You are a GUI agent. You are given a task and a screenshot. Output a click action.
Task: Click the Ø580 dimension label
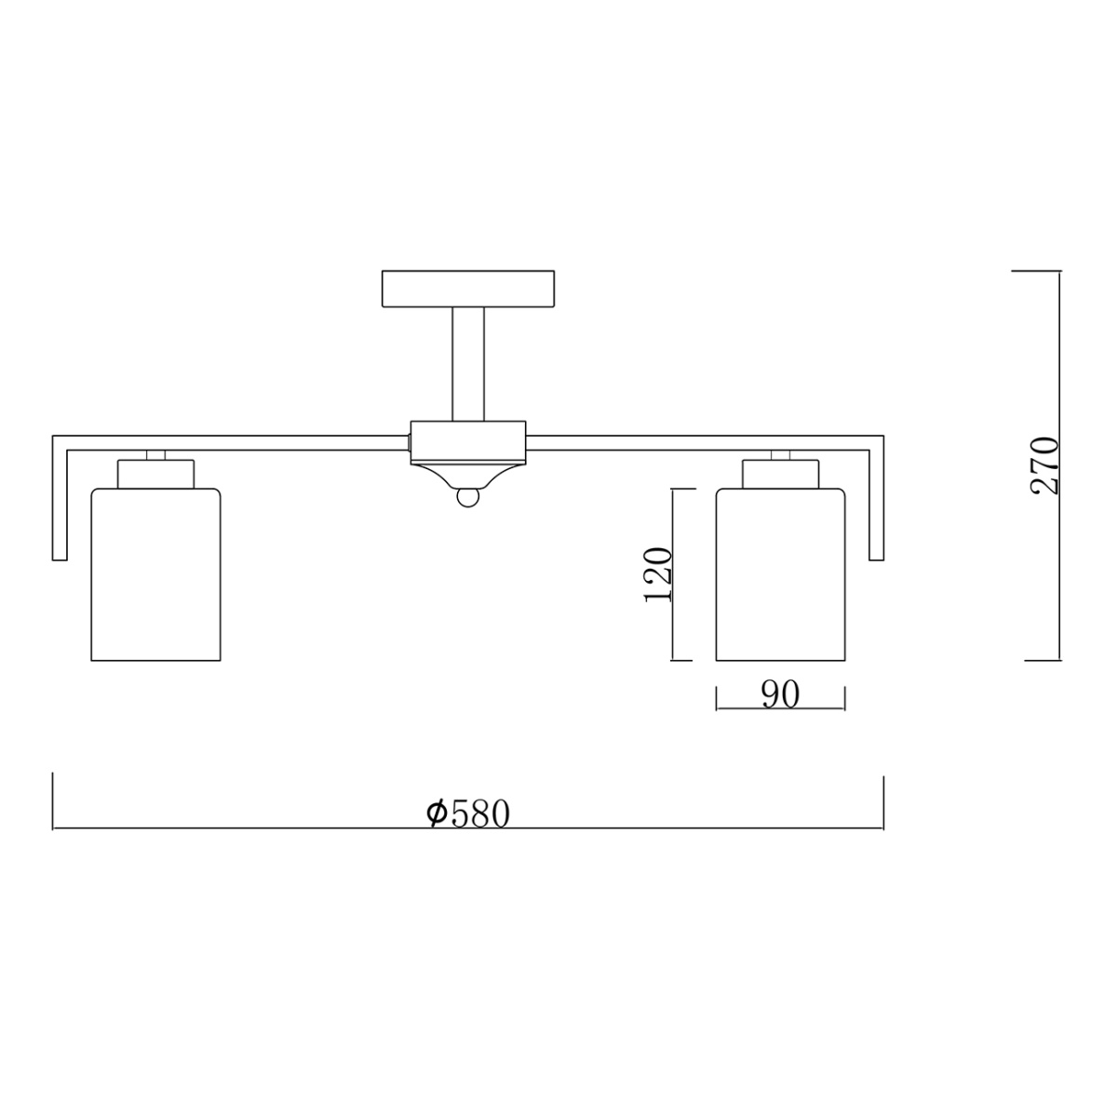click(468, 813)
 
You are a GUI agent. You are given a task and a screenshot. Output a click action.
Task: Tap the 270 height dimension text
click(1045, 465)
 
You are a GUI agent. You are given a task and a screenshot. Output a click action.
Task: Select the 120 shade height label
click(658, 573)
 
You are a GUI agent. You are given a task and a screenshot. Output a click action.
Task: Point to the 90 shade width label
click(780, 695)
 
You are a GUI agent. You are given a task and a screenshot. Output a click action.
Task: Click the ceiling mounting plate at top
click(468, 289)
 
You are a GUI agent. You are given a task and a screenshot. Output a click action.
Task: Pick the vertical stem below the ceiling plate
click(468, 364)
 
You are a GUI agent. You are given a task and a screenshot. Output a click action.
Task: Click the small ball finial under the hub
click(468, 499)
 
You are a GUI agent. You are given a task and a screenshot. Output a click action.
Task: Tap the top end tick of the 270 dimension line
click(1036, 271)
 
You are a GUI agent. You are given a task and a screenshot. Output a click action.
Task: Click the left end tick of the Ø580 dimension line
click(53, 801)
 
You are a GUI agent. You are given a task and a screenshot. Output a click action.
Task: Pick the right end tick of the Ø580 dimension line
click(882, 801)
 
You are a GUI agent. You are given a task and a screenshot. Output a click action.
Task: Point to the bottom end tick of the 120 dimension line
click(681, 660)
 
